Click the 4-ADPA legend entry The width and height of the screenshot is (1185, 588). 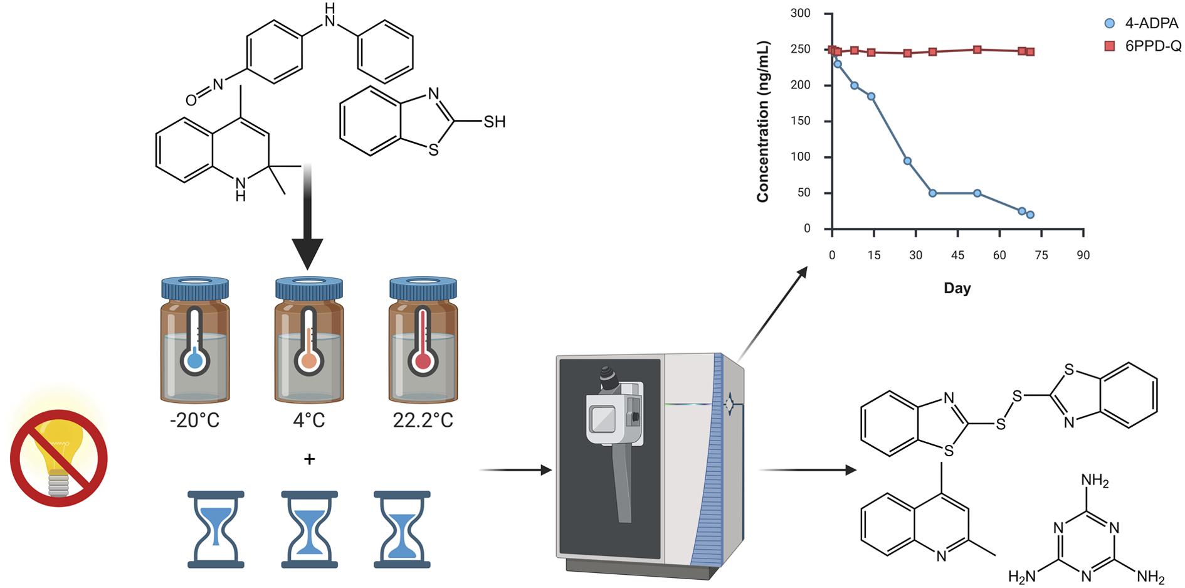1141,23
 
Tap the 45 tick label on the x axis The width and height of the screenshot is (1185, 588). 957,255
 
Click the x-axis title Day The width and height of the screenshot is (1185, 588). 957,288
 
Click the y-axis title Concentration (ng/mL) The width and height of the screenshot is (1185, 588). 762,122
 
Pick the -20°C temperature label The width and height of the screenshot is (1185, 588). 194,420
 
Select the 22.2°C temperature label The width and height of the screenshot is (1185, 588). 423,420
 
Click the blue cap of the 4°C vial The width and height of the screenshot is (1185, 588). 309,287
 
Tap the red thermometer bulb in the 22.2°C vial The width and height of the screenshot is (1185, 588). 423,361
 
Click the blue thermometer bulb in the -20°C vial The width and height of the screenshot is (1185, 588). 195,361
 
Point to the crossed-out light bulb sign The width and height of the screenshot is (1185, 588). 59,458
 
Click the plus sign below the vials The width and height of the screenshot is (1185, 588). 309,459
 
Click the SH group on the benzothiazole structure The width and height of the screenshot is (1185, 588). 494,122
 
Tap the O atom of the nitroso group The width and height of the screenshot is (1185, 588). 191,100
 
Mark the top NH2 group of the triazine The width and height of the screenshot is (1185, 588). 1095,481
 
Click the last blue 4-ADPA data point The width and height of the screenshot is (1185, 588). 1030,215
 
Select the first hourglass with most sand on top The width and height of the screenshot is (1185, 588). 216,530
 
